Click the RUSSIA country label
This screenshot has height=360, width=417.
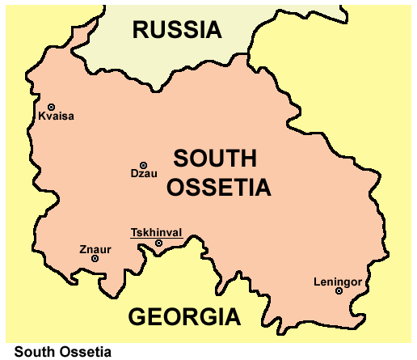click(177, 31)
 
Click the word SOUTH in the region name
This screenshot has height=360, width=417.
click(214, 159)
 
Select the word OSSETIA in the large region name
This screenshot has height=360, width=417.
click(220, 188)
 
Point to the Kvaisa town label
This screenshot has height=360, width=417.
click(56, 116)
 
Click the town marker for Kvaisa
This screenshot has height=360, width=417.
click(51, 107)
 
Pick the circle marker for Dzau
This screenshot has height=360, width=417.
click(144, 164)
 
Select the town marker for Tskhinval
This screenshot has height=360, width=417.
click(158, 243)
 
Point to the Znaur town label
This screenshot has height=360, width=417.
click(95, 248)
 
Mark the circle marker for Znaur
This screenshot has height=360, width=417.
click(95, 258)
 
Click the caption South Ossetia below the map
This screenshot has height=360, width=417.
click(63, 352)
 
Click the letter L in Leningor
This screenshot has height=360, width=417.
click(316, 282)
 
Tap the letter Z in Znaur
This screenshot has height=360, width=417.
click(82, 248)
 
